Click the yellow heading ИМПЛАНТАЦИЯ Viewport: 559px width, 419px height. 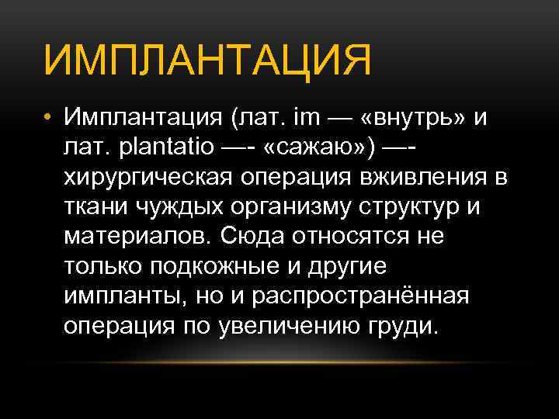pos(208,61)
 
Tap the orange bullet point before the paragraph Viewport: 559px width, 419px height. pos(48,117)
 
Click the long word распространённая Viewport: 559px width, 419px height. pos(361,296)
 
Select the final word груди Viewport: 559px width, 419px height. pos(408,326)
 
